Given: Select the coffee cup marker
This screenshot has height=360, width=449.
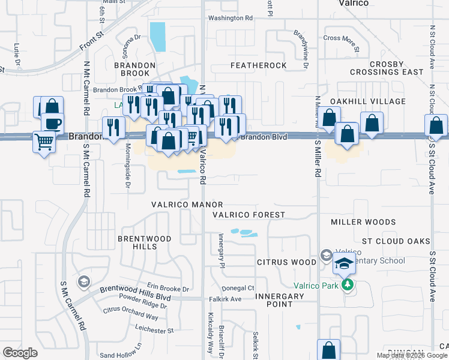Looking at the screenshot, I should point(52,124).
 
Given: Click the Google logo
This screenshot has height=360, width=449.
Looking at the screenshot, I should point(20,352).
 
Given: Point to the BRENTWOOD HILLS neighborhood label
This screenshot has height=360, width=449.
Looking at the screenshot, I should point(144,242).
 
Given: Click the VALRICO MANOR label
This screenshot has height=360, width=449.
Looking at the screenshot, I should point(187,205).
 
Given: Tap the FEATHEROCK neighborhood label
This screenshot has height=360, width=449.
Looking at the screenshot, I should point(259,65).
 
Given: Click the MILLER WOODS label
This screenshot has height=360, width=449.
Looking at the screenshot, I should point(363,222).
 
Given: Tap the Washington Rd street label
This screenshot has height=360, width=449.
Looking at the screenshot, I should point(231,18).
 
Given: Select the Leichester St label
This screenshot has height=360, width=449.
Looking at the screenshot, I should point(154,330).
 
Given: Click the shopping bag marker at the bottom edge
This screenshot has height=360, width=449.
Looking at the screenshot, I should point(328,350).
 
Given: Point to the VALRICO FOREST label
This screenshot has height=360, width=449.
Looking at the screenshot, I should point(249,214).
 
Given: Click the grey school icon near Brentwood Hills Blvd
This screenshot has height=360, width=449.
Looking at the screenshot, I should point(84,281).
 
